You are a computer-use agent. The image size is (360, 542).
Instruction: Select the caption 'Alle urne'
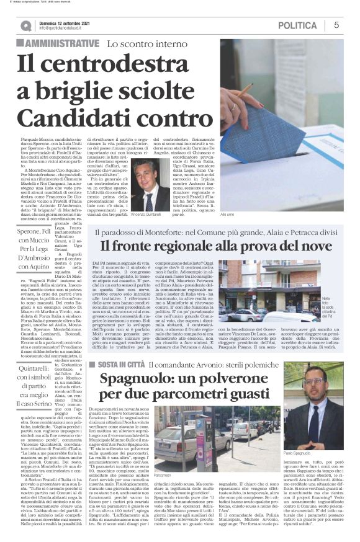[x=228, y=213]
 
